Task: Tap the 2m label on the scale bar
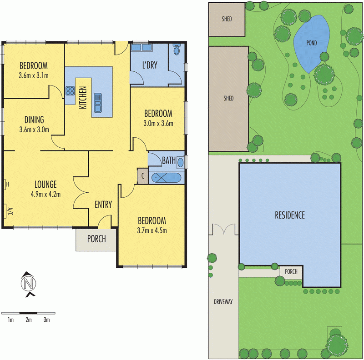(28, 320)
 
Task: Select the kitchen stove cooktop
(70, 90)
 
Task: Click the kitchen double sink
(98, 102)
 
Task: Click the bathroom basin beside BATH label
(180, 161)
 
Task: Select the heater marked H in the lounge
(6, 184)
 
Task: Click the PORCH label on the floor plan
(96, 239)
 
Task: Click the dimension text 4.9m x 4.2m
(45, 194)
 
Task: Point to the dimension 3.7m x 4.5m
(152, 230)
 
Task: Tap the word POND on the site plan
(311, 44)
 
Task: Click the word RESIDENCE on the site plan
(289, 215)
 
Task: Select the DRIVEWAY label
(223, 301)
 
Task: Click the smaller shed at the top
(227, 19)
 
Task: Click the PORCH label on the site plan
(291, 271)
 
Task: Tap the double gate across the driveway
(223, 229)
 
